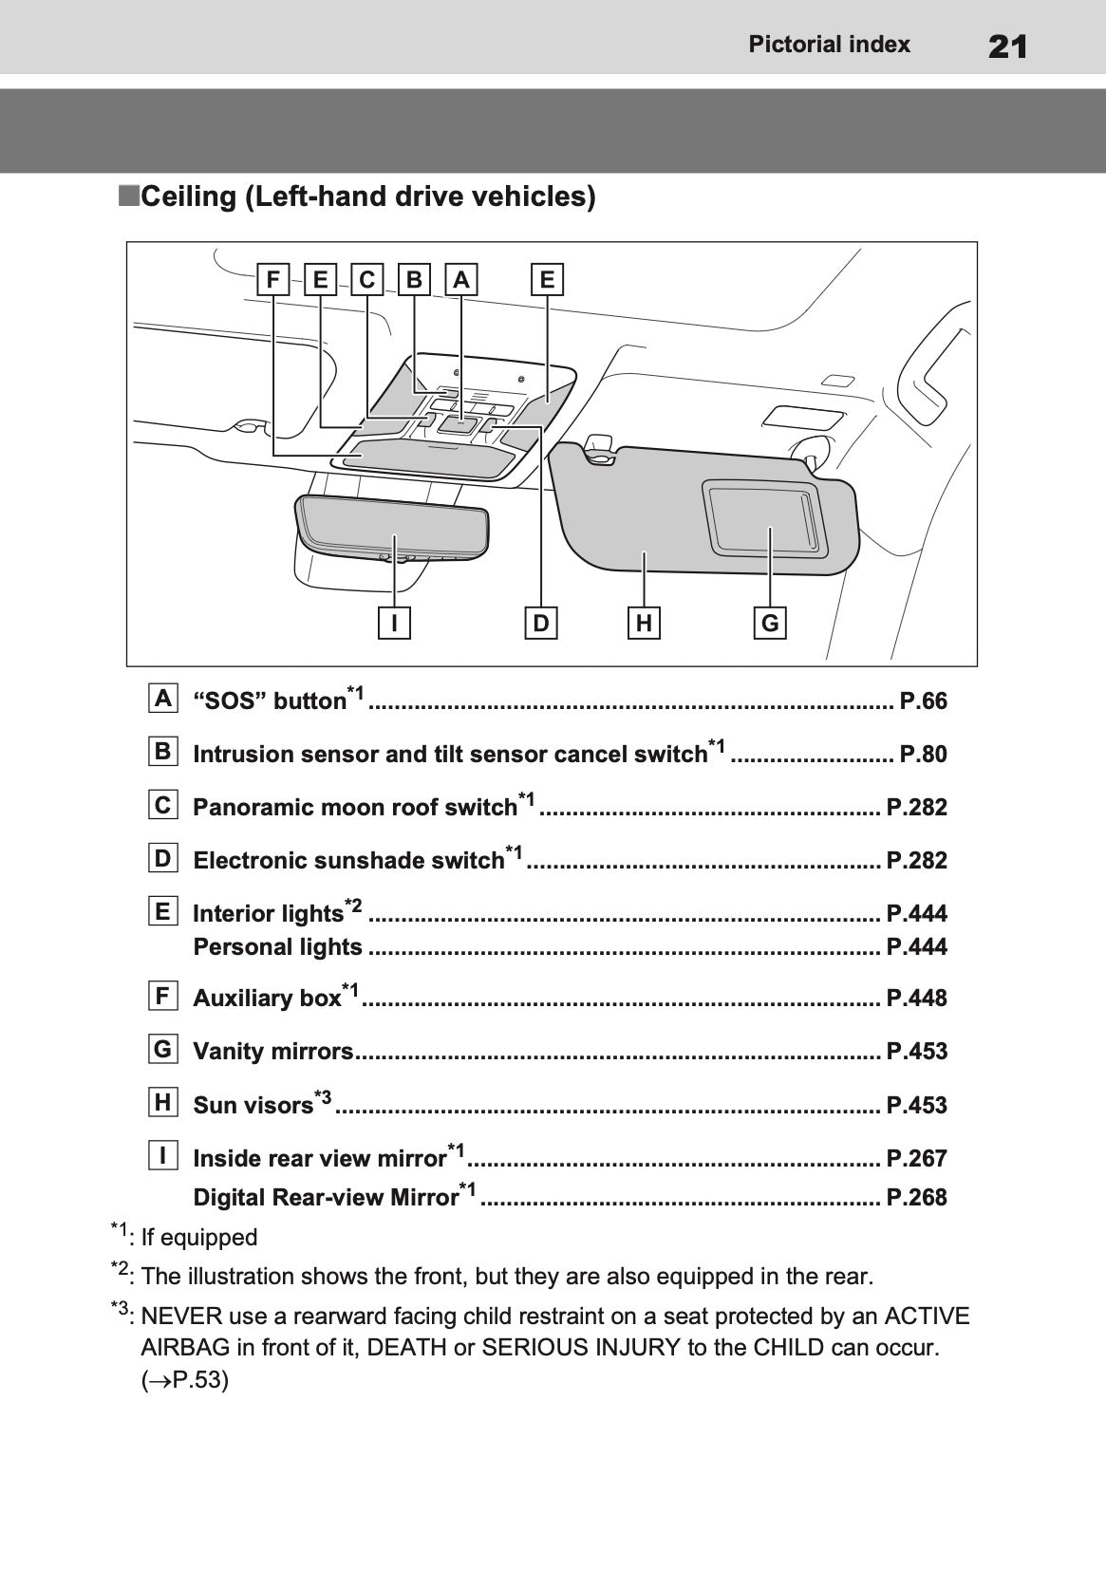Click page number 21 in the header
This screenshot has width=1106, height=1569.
point(1007,46)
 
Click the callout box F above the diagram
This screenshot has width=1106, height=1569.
point(273,280)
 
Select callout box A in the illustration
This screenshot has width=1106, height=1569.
point(460,280)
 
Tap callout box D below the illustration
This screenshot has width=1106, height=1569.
point(541,623)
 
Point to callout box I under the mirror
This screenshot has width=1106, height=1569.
point(394,623)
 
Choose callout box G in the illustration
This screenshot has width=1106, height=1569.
point(770,623)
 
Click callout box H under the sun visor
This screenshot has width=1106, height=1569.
point(645,623)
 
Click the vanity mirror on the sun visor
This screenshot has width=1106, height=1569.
point(764,517)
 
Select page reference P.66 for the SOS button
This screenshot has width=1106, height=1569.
point(923,701)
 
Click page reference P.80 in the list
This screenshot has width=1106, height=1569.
point(923,755)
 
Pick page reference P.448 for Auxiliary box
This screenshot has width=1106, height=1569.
point(916,999)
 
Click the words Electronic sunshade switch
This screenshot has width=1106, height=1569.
point(347,861)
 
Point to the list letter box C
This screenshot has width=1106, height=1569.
point(163,806)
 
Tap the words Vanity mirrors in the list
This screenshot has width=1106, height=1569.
point(272,1052)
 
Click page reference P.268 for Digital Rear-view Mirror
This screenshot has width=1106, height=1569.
point(916,1198)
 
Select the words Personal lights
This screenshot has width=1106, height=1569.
point(277,947)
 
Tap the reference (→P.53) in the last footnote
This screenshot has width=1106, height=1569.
point(185,1380)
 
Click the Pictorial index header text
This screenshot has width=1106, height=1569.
point(829,45)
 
